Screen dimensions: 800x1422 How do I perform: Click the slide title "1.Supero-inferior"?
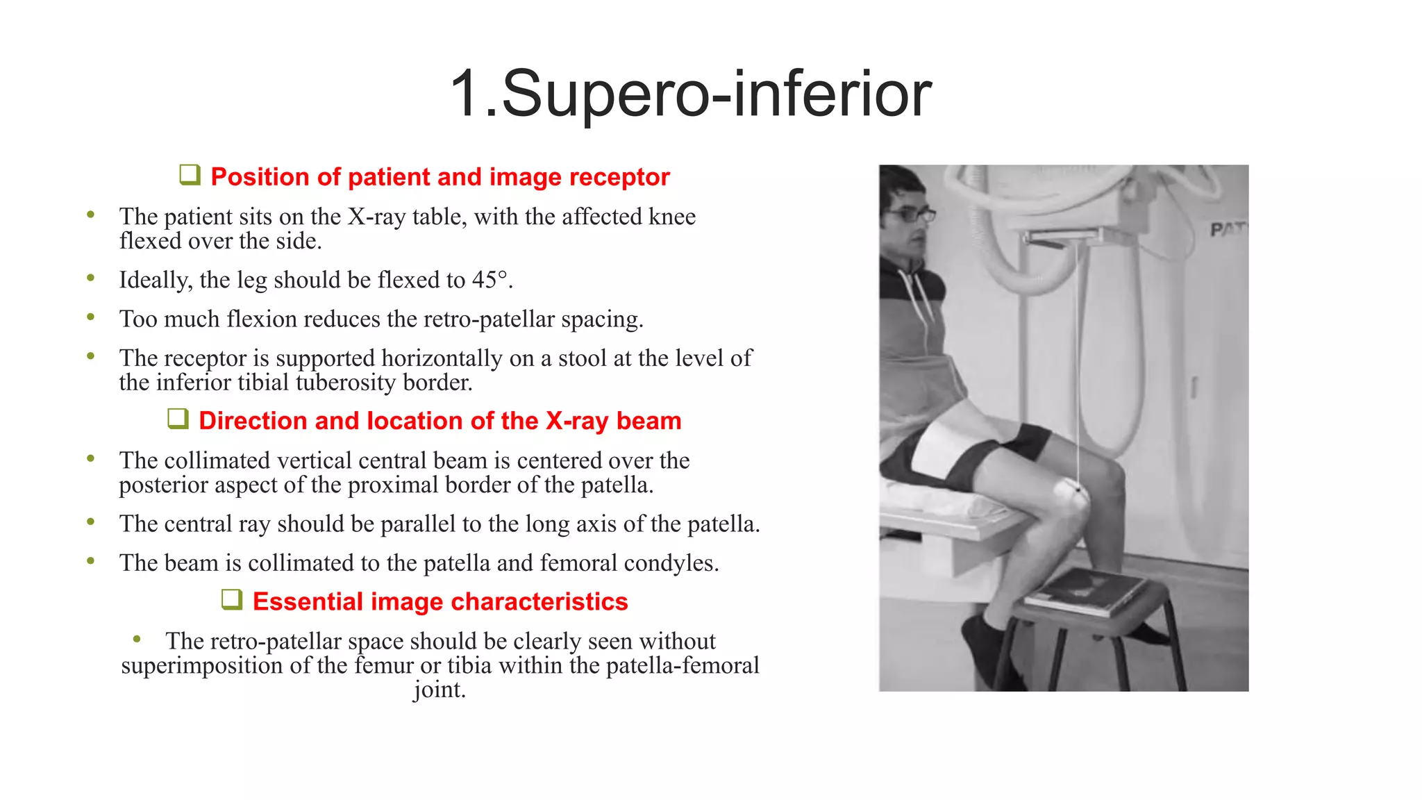pos(690,94)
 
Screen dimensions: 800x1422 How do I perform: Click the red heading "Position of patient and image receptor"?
pos(440,177)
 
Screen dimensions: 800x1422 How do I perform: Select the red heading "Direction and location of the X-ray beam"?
pos(440,421)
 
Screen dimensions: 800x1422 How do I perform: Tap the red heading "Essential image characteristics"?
pos(440,601)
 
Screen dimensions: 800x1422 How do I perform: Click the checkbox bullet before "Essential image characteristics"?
pos(231,599)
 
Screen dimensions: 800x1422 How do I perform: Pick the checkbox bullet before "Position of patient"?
pos(190,175)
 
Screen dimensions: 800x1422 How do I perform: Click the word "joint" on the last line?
pos(438,690)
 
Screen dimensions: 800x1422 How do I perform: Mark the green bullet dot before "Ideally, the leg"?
pos(90,278)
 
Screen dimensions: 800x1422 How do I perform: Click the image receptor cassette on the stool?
pos(1084,592)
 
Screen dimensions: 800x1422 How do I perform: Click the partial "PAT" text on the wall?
pos(1228,230)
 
